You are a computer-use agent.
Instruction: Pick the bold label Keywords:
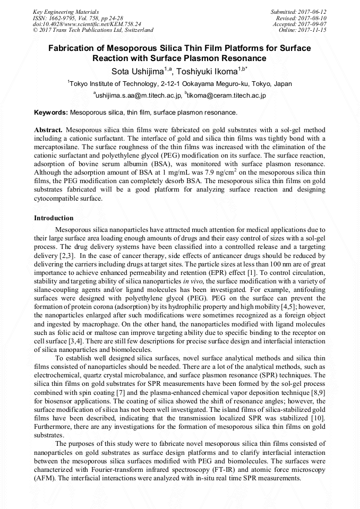click(51, 113)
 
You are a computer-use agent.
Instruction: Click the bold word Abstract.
click(48, 130)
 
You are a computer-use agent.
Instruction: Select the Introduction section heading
click(54, 218)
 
